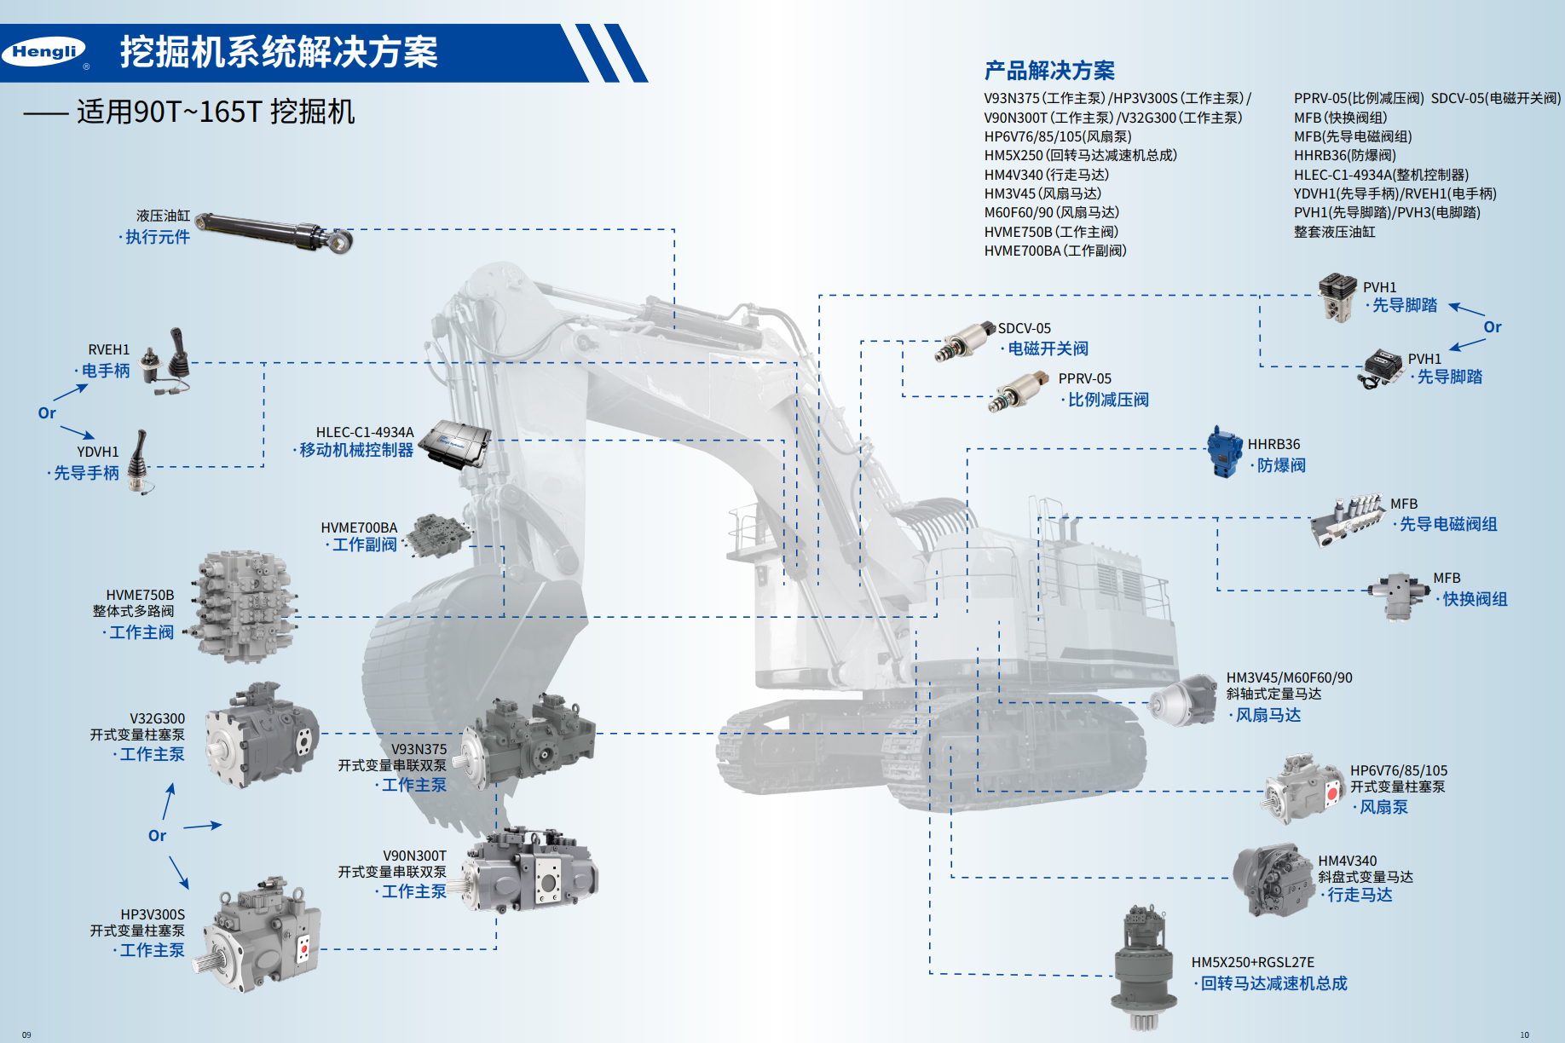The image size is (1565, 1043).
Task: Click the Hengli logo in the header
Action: click(x=44, y=52)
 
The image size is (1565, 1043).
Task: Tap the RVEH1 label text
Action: click(x=109, y=349)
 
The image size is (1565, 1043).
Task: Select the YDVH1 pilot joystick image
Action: click(x=139, y=461)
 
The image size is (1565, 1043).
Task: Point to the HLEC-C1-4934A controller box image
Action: click(x=455, y=443)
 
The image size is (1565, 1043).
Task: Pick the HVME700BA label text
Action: click(x=359, y=527)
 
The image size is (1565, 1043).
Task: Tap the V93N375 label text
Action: click(x=419, y=749)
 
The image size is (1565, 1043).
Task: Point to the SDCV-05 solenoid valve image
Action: click(x=964, y=341)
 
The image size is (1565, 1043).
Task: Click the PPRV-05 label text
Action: click(x=1084, y=378)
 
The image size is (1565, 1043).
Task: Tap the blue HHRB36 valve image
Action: click(x=1225, y=452)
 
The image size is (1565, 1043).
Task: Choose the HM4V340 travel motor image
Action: click(x=1273, y=879)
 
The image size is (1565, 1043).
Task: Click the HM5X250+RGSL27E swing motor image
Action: click(x=1145, y=967)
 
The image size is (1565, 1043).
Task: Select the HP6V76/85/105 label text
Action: click(x=1398, y=770)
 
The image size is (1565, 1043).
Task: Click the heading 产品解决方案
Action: click(x=1049, y=71)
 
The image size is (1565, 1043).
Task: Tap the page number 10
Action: click(x=1524, y=1034)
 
